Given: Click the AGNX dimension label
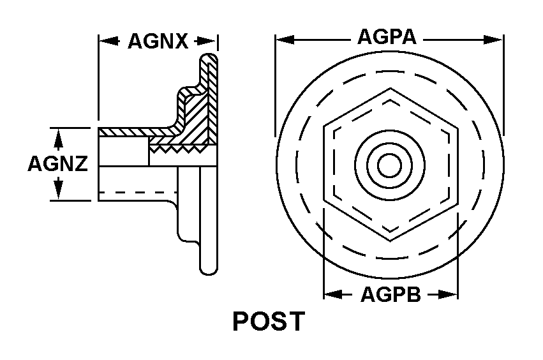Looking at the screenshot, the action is pyautogui.click(x=158, y=41).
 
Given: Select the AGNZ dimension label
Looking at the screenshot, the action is pyautogui.click(x=58, y=163).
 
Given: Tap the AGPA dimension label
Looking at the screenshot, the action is pyautogui.click(x=387, y=37).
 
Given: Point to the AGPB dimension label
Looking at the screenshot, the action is pyautogui.click(x=391, y=295).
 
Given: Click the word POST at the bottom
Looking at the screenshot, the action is pyautogui.click(x=269, y=321).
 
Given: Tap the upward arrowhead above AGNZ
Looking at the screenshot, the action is pyautogui.click(x=59, y=139).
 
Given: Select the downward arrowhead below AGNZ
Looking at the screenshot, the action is pyautogui.click(x=59, y=189).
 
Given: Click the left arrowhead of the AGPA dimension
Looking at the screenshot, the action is pyautogui.click(x=285, y=40).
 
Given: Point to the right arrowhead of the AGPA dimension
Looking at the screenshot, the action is pyautogui.click(x=493, y=40).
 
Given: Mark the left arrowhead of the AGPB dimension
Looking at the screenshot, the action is pyautogui.click(x=334, y=295).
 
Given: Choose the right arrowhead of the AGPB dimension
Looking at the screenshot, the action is pyautogui.click(x=448, y=295).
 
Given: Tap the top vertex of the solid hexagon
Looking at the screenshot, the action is pyautogui.click(x=391, y=89).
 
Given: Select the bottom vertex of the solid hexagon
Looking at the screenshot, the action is pyautogui.click(x=391, y=240).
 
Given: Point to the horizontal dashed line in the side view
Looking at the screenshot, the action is pyautogui.click(x=138, y=192).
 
